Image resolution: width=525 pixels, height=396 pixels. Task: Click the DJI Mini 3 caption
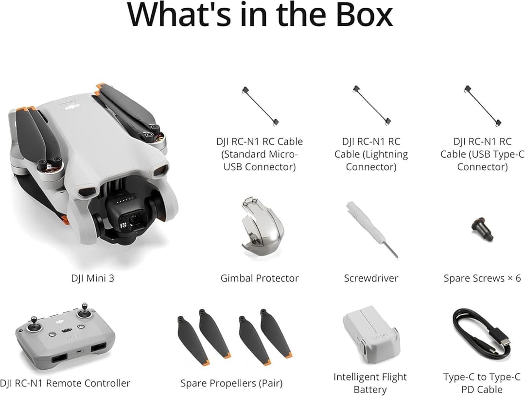[x=92, y=278]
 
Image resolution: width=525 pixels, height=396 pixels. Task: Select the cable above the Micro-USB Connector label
[x=261, y=106]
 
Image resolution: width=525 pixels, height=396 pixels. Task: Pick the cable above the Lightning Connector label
[x=372, y=106]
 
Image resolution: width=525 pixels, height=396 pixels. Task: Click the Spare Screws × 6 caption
[x=482, y=278]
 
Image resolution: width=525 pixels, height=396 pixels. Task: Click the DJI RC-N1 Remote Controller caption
[x=65, y=383]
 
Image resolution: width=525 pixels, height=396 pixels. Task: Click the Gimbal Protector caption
[x=260, y=278]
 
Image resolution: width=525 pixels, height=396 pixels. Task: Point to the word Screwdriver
[x=371, y=278]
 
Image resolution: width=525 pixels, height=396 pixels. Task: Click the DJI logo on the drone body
[x=73, y=105]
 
